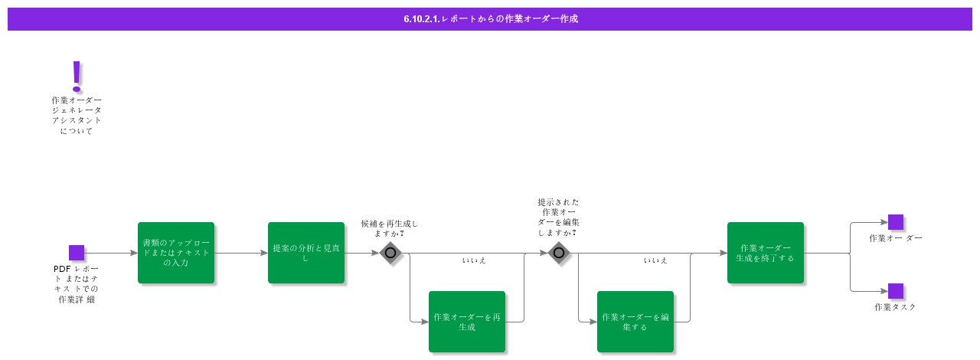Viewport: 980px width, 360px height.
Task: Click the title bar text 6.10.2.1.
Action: (x=421, y=19)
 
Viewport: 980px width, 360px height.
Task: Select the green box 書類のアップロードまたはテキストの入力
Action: (x=176, y=253)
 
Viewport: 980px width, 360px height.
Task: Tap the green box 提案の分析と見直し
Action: (x=306, y=253)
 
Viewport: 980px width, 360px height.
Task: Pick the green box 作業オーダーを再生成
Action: (x=467, y=322)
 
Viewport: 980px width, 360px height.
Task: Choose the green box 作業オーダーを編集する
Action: (x=635, y=322)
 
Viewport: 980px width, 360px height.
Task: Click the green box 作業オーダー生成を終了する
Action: (x=766, y=253)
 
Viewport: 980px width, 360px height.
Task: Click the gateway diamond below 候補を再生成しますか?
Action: (x=390, y=253)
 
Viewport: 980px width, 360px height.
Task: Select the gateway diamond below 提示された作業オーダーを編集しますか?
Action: (x=559, y=253)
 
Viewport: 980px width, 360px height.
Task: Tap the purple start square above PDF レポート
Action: (x=77, y=253)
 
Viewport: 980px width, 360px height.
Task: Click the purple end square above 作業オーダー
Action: (x=896, y=222)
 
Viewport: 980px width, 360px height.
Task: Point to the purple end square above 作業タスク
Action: (x=896, y=291)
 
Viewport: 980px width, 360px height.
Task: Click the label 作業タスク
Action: (x=895, y=307)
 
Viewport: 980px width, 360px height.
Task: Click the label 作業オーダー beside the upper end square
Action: (x=895, y=238)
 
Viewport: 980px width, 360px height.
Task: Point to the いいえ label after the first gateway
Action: (x=474, y=260)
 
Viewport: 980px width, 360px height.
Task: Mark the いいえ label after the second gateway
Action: (x=655, y=260)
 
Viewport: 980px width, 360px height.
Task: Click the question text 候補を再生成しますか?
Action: (x=390, y=228)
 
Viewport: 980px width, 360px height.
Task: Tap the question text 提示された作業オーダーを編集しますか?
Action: (x=558, y=217)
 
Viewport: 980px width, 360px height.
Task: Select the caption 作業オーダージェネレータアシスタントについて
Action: (x=77, y=116)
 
